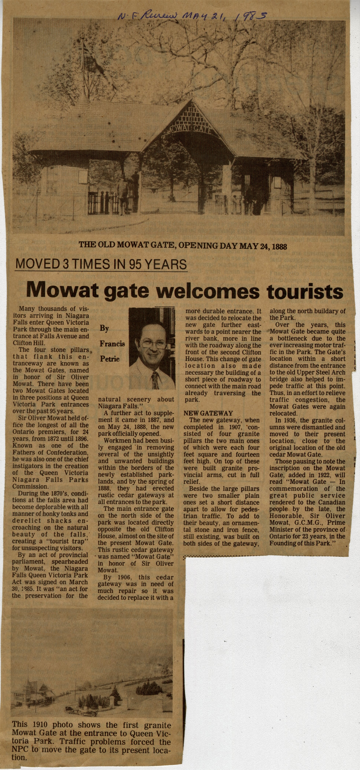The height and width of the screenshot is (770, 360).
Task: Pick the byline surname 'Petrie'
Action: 110,359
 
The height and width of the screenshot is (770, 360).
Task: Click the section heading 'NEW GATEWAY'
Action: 208,413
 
